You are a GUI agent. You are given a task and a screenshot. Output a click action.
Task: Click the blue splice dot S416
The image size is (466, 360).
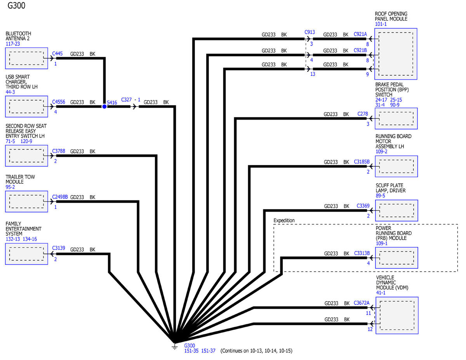pos(104,106)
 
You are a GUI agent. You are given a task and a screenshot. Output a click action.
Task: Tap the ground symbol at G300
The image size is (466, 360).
pos(175,346)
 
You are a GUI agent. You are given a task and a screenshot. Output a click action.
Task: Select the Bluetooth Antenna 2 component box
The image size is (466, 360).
pos(26,58)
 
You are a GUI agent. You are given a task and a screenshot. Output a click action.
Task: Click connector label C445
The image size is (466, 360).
pos(57,53)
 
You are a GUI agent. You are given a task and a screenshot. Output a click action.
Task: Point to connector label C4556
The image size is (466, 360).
pos(59,102)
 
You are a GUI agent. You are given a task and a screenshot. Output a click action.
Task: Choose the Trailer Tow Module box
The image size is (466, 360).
pos(26,202)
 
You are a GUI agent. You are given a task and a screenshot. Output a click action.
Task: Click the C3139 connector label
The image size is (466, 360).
pos(59,248)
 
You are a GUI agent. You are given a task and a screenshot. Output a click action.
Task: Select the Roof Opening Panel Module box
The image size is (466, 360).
pos(396,54)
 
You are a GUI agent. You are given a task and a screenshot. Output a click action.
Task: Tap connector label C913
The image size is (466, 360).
pos(310,32)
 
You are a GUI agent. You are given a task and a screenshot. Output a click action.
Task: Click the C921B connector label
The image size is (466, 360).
pos(360,50)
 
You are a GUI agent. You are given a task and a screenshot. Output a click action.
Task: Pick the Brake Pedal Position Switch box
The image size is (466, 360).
pos(396,118)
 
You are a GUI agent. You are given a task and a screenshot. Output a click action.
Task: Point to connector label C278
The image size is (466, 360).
pos(363,114)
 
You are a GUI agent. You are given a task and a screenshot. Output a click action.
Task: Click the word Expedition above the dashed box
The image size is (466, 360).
pos(284,221)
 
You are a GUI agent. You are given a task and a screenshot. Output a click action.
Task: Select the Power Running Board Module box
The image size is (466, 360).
pos(396,258)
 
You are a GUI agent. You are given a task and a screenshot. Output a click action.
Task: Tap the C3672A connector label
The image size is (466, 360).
pos(362,303)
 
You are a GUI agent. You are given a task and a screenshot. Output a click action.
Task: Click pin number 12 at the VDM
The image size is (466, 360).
pos(370,329)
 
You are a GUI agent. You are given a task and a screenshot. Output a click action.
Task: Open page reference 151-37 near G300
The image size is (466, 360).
pos(208,351)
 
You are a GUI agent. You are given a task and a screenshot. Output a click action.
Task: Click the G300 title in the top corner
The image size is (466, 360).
pos(16,5)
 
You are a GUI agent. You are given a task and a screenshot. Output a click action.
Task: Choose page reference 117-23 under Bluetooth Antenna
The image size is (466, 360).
pos(13,44)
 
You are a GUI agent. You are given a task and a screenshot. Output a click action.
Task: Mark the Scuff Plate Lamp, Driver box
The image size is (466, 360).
pos(396,210)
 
